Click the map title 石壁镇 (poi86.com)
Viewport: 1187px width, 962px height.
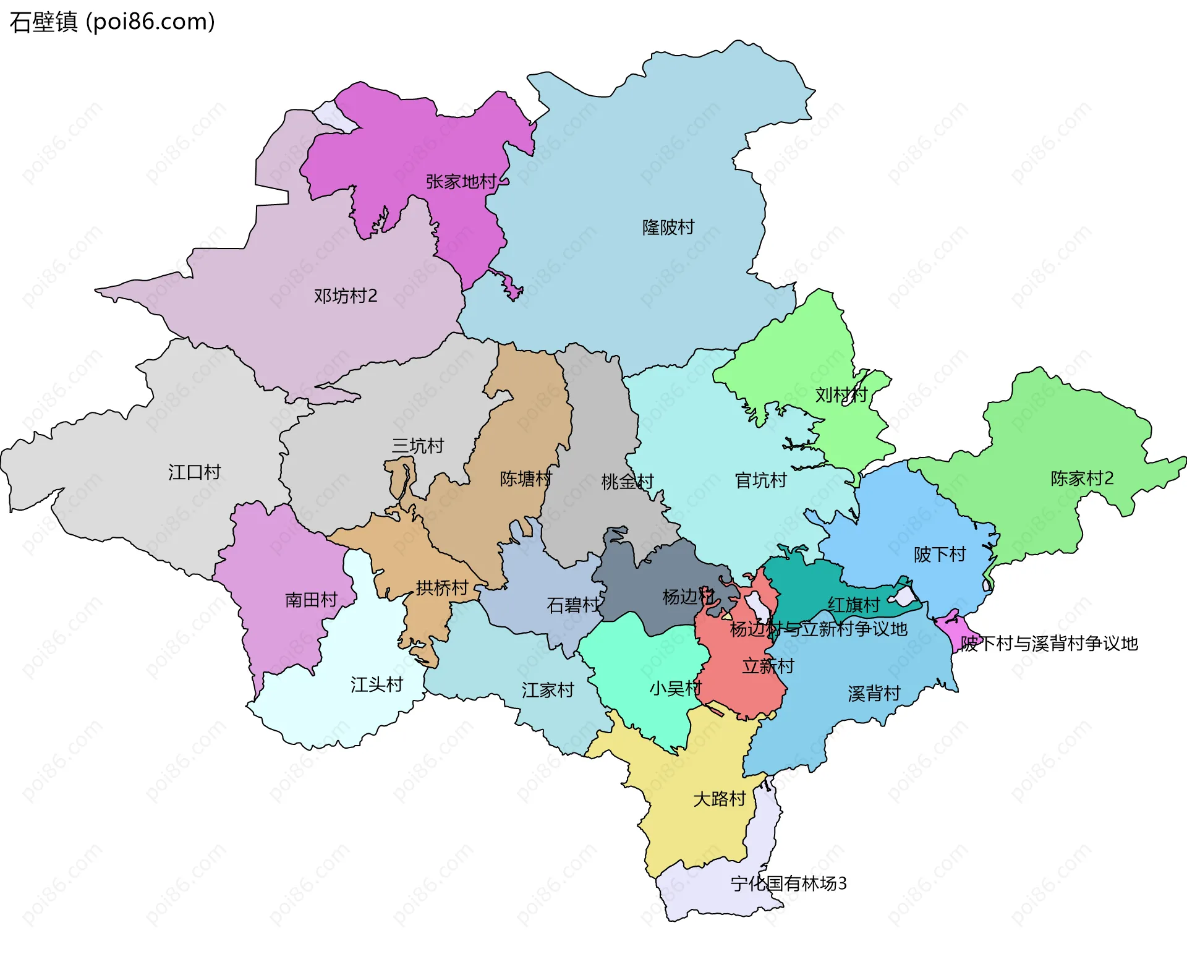[112, 22]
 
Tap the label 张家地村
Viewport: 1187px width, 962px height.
[461, 182]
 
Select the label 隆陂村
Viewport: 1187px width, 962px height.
[668, 228]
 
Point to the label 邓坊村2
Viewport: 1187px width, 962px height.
[345, 296]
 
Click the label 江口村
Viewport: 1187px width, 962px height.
[194, 472]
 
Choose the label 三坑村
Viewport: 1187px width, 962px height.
[418, 446]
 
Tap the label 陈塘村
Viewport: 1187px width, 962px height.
[525, 479]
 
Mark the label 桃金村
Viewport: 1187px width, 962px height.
[627, 482]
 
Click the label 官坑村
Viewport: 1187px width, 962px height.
[760, 480]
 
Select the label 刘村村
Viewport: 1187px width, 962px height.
[841, 394]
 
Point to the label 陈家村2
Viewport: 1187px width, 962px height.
[1082, 479]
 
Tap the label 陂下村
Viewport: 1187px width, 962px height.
[940, 555]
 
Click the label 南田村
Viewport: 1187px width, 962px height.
[311, 600]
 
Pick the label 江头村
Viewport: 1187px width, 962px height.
[377, 684]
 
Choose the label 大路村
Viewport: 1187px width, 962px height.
[719, 799]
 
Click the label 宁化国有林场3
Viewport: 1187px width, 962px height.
[788, 883]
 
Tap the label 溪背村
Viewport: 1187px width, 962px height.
[874, 694]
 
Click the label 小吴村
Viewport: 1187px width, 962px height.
[675, 688]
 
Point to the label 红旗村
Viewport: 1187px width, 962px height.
[853, 605]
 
